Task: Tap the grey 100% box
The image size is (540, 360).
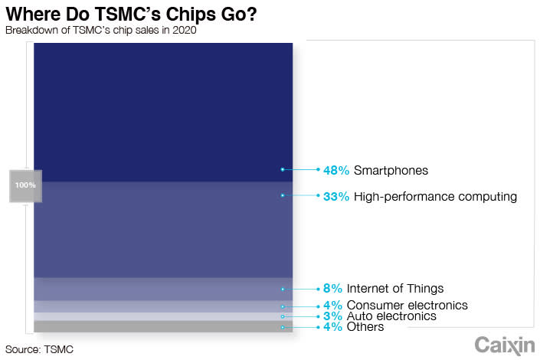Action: pos(25,185)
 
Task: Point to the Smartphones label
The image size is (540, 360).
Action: pos(391,170)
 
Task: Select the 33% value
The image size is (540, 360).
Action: pos(335,197)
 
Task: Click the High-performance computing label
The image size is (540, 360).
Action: pos(435,197)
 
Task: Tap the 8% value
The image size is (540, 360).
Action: pos(332,289)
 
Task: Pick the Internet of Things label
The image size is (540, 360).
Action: pos(395,289)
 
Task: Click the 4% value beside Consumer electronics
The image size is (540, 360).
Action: pos(332,306)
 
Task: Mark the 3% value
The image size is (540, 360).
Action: pos(332,316)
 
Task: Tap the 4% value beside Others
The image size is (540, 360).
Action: pos(332,327)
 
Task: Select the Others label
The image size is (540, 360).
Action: pos(365,327)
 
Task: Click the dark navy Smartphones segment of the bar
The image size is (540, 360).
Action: pos(163,113)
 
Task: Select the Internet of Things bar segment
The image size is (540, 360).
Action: pos(163,289)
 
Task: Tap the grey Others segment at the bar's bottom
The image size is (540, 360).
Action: pos(163,326)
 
